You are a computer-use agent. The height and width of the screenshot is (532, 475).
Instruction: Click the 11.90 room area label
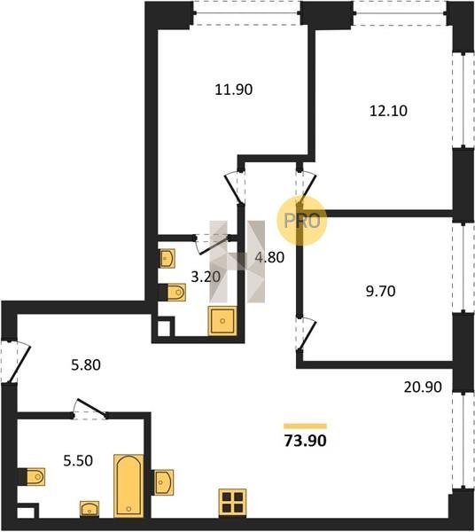(x=234, y=90)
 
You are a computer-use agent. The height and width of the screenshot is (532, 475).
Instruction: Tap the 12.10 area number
(x=388, y=111)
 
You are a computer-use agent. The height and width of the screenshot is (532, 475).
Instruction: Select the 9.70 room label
(x=380, y=291)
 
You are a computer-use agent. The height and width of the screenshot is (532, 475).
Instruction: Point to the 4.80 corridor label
(x=269, y=257)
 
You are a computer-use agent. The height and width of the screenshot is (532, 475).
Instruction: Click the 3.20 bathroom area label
(x=206, y=278)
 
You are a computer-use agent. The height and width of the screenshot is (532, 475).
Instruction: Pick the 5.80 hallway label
(x=86, y=365)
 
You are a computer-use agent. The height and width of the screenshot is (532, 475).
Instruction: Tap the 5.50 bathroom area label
(x=78, y=461)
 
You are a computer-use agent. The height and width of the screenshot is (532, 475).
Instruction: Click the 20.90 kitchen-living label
(x=423, y=387)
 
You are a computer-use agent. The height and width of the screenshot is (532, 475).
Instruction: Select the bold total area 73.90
(x=305, y=441)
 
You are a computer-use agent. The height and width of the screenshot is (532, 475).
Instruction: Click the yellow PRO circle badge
(x=301, y=221)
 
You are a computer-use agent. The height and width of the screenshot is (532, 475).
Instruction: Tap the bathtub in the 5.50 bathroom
(x=128, y=486)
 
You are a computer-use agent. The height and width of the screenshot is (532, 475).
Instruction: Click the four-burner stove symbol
(x=232, y=503)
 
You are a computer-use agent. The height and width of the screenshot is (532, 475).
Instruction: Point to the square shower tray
(x=222, y=321)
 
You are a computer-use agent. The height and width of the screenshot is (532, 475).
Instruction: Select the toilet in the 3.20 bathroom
(x=173, y=293)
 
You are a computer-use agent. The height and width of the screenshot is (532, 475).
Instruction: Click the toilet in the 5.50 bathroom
(x=32, y=477)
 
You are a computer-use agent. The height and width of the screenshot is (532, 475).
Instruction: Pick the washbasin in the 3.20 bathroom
(x=167, y=259)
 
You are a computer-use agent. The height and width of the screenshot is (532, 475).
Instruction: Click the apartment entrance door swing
(x=17, y=362)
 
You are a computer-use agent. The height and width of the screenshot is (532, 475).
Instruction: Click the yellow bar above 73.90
(x=305, y=426)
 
